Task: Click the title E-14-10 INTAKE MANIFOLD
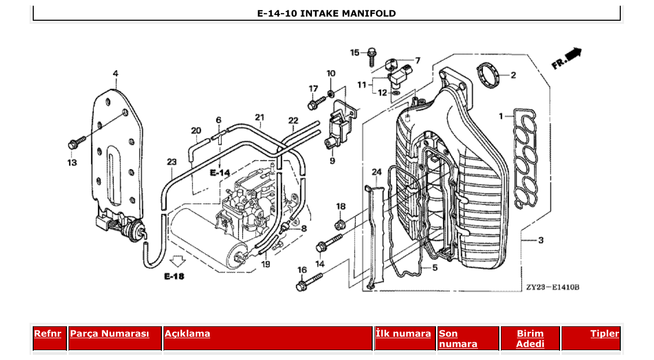[326, 13]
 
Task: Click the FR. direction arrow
[567, 58]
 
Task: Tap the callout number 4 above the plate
[115, 74]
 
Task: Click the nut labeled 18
[340, 225]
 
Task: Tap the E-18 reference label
[174, 276]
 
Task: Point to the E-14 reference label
[220, 172]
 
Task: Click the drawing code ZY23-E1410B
[552, 287]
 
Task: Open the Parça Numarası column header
[110, 334]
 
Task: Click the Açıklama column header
[187, 334]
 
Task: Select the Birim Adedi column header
[530, 339]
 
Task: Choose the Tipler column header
[605, 334]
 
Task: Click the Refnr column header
[48, 334]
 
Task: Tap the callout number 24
[376, 172]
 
